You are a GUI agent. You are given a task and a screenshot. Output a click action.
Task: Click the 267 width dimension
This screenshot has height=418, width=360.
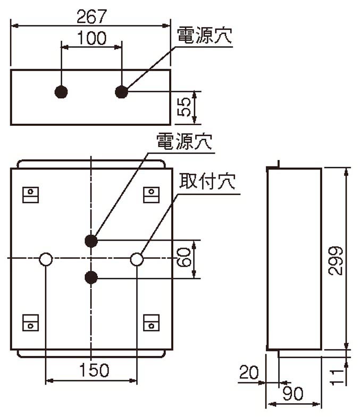(x=91, y=16)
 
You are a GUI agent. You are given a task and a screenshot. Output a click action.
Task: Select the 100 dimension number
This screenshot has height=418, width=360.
(x=91, y=38)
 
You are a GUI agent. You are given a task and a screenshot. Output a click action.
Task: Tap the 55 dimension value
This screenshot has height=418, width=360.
(x=184, y=107)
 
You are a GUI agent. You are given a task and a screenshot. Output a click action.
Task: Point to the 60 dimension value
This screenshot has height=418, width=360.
(x=184, y=257)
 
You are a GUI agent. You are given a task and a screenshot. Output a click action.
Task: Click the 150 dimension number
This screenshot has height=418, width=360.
(x=94, y=370)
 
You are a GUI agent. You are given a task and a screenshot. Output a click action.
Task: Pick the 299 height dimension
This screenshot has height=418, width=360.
(x=336, y=260)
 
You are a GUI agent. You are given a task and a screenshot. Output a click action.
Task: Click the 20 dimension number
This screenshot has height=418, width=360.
(x=249, y=372)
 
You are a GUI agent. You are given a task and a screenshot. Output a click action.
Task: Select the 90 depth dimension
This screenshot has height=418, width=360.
(x=293, y=394)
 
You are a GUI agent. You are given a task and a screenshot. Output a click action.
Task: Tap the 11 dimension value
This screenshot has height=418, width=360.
(x=337, y=377)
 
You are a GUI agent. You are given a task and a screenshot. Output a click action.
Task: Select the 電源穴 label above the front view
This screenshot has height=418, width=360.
(x=185, y=141)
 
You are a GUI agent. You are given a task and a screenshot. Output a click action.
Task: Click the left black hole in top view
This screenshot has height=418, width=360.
(x=61, y=92)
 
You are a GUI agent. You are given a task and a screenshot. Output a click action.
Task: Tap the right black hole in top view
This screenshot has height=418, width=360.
(x=122, y=92)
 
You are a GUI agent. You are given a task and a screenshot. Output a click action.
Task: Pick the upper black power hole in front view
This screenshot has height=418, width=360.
(x=91, y=241)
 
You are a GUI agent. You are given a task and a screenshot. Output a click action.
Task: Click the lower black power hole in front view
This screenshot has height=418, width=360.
(x=91, y=277)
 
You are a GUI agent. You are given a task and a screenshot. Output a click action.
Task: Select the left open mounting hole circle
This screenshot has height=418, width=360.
(x=46, y=259)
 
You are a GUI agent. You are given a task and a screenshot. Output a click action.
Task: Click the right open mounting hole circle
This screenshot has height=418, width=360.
(x=137, y=259)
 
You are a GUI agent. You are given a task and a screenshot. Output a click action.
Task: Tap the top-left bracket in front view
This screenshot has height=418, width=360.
(x=31, y=195)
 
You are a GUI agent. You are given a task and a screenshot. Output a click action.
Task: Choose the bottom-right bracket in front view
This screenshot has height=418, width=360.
(x=152, y=322)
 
